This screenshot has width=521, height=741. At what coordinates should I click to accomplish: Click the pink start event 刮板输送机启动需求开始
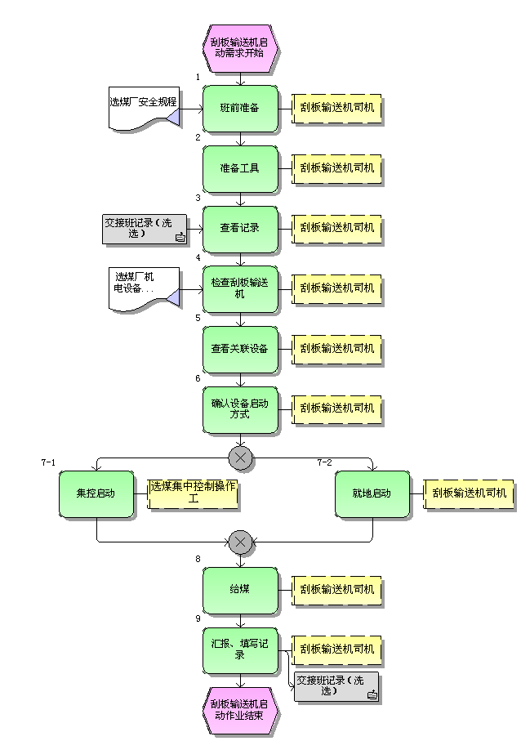tap(240, 47)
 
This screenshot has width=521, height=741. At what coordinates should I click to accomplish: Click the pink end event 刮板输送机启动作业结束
tap(240, 709)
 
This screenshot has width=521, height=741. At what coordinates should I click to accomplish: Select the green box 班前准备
tap(240, 108)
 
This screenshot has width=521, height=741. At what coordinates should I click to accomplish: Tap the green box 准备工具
tap(240, 168)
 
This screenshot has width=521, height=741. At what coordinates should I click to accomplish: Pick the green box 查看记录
tap(240, 228)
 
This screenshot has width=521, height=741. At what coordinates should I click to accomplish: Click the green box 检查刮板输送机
tap(240, 288)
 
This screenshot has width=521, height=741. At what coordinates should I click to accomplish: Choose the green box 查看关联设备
tap(240, 349)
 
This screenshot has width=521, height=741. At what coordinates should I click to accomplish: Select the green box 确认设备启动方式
tap(240, 408)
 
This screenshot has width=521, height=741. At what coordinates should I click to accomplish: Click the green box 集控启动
tap(96, 493)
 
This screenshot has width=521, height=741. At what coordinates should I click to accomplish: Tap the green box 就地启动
tap(372, 493)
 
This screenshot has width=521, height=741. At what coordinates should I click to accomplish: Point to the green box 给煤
tap(240, 589)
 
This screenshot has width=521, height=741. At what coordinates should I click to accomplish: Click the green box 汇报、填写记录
tap(240, 649)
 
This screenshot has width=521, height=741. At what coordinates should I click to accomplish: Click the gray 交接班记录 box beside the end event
tap(336, 687)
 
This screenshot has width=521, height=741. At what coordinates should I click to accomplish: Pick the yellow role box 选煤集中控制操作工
tap(194, 493)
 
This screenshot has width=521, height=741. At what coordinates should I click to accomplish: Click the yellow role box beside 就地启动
tap(470, 493)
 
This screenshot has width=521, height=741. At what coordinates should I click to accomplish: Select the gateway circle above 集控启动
tap(240, 458)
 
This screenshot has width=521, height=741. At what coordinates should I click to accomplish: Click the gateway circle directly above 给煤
tap(240, 542)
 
